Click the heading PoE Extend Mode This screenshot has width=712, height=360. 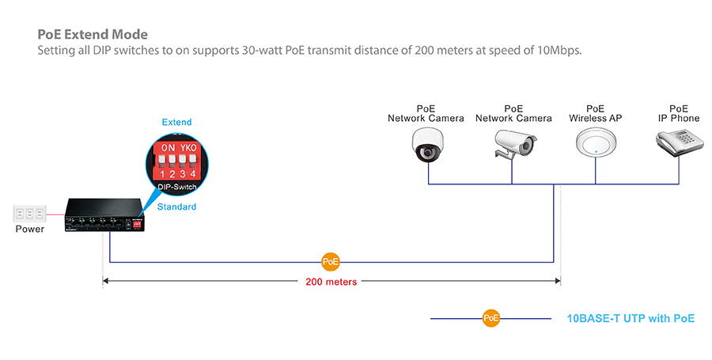pyautogui.click(x=93, y=36)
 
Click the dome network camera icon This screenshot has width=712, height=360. pyautogui.click(x=428, y=144)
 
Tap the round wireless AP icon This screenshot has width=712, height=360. pyautogui.click(x=595, y=144)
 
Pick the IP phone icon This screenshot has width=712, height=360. pyautogui.click(x=678, y=142)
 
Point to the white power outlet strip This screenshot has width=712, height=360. pyautogui.click(x=29, y=214)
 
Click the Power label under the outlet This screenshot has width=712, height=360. pyautogui.click(x=30, y=229)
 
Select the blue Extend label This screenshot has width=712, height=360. pyautogui.click(x=176, y=123)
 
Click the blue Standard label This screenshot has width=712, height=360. pyautogui.click(x=176, y=207)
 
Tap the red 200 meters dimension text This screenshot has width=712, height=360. pyautogui.click(x=331, y=281)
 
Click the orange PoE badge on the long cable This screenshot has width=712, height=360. pyautogui.click(x=331, y=262)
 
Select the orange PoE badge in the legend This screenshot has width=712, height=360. pyautogui.click(x=490, y=319)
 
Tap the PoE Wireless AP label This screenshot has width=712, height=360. pyautogui.click(x=595, y=113)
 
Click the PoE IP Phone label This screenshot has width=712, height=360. pyautogui.click(x=678, y=113)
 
